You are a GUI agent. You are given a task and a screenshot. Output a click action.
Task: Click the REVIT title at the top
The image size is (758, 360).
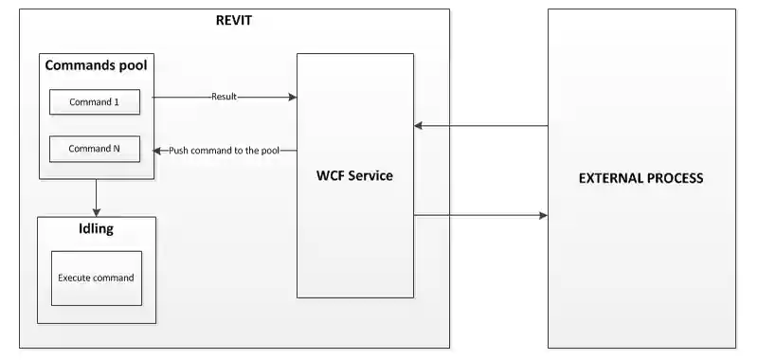(233, 20)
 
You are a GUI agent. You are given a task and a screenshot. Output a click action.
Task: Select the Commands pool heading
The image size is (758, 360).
(96, 66)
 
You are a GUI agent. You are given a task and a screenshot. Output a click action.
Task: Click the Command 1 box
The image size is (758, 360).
(95, 101)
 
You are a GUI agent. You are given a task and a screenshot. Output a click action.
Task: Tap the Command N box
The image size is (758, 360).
(95, 149)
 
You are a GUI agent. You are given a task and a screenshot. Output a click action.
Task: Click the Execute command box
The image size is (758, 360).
(96, 278)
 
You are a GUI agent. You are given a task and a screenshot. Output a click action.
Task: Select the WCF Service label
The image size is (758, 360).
(354, 175)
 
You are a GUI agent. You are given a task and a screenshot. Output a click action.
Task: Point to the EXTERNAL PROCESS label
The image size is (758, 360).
(641, 178)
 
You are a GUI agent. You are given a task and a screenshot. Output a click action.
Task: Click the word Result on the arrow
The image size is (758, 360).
(225, 97)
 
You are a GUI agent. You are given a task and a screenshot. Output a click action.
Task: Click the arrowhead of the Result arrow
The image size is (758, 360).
(293, 97)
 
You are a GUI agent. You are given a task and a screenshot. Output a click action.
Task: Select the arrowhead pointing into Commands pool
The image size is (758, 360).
(158, 150)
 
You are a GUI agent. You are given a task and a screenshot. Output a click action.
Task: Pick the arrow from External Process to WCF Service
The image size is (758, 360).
(480, 125)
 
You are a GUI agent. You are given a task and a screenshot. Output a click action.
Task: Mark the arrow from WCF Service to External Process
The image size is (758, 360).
(480, 216)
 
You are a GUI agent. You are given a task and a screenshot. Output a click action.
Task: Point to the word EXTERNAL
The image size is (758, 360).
(605, 178)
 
